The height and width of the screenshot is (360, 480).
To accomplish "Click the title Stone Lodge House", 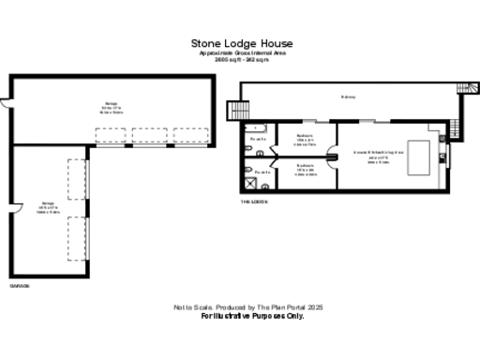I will point(242,43).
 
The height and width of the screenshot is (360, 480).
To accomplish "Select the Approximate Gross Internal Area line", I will point(242,53).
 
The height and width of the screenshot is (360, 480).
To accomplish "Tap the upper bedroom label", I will point(305,140).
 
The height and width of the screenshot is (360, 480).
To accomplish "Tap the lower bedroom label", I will point(305,169).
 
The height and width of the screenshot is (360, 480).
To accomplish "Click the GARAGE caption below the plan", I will point(20,283).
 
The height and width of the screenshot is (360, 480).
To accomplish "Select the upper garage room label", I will point(111,106).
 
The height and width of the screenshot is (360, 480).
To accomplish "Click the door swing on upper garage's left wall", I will point(7,98).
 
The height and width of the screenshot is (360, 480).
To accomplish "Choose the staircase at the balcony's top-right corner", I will point(460,88).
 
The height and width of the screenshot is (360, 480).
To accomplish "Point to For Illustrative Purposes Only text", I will point(253,316).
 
